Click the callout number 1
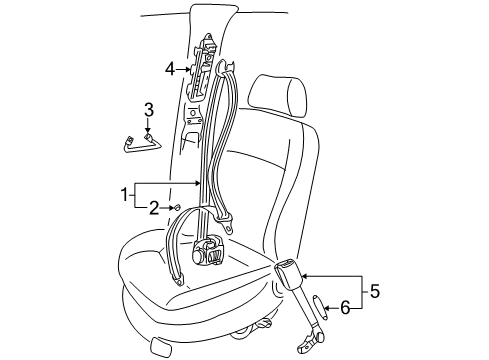click(x=124, y=194)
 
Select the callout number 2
click(x=154, y=208)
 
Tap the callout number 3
click(x=149, y=110)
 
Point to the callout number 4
click(x=170, y=69)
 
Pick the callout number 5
click(x=375, y=291)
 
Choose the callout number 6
click(x=345, y=307)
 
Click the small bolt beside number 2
click(x=177, y=208)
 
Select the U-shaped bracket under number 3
click(x=141, y=144)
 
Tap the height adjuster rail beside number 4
click(x=203, y=67)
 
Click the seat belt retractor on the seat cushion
click(x=207, y=252)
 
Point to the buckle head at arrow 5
click(x=288, y=271)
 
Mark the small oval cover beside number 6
click(x=320, y=307)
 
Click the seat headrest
click(x=277, y=96)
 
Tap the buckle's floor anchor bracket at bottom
click(x=311, y=342)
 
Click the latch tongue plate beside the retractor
click(x=226, y=224)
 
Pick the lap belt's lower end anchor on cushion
click(x=179, y=280)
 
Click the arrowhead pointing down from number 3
click(x=148, y=133)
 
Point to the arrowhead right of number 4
click(x=188, y=70)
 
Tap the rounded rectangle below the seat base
click(x=162, y=348)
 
